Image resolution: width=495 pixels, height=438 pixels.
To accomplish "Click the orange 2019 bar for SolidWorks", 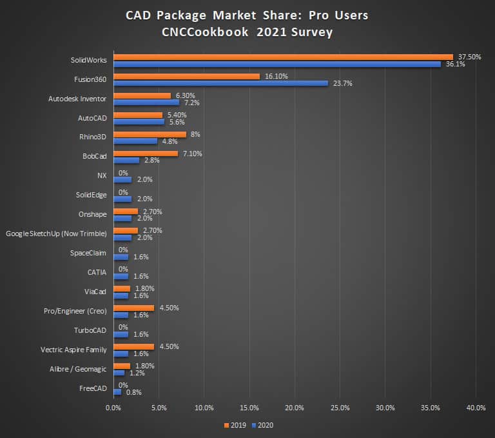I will coord(283,57).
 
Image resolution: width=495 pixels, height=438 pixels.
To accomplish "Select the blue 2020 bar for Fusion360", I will coord(220,83).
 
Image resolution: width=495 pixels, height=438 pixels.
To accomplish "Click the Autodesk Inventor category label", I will coord(77,99).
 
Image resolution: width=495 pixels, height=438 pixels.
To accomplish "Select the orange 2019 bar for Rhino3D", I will coord(150,134).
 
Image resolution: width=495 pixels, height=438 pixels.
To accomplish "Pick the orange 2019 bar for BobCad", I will coord(146,154).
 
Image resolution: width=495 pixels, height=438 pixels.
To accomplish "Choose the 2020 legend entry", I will coord(263,425).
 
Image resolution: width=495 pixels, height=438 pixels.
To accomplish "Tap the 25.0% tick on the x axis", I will coord(340,408).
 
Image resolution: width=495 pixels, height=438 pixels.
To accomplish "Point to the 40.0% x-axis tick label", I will coord(476,408).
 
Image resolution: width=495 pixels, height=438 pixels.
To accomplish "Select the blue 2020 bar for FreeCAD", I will coord(117,392).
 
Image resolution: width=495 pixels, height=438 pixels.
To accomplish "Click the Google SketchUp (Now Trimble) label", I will coord(55,234).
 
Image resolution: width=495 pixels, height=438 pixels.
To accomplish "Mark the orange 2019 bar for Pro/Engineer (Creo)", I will coord(133,308).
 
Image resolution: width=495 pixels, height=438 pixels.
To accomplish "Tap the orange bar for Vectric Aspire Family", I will coord(133,346).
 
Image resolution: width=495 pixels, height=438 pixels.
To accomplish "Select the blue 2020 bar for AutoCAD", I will coord(139,122).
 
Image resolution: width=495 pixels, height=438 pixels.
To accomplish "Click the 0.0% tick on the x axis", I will coord(113,408).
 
